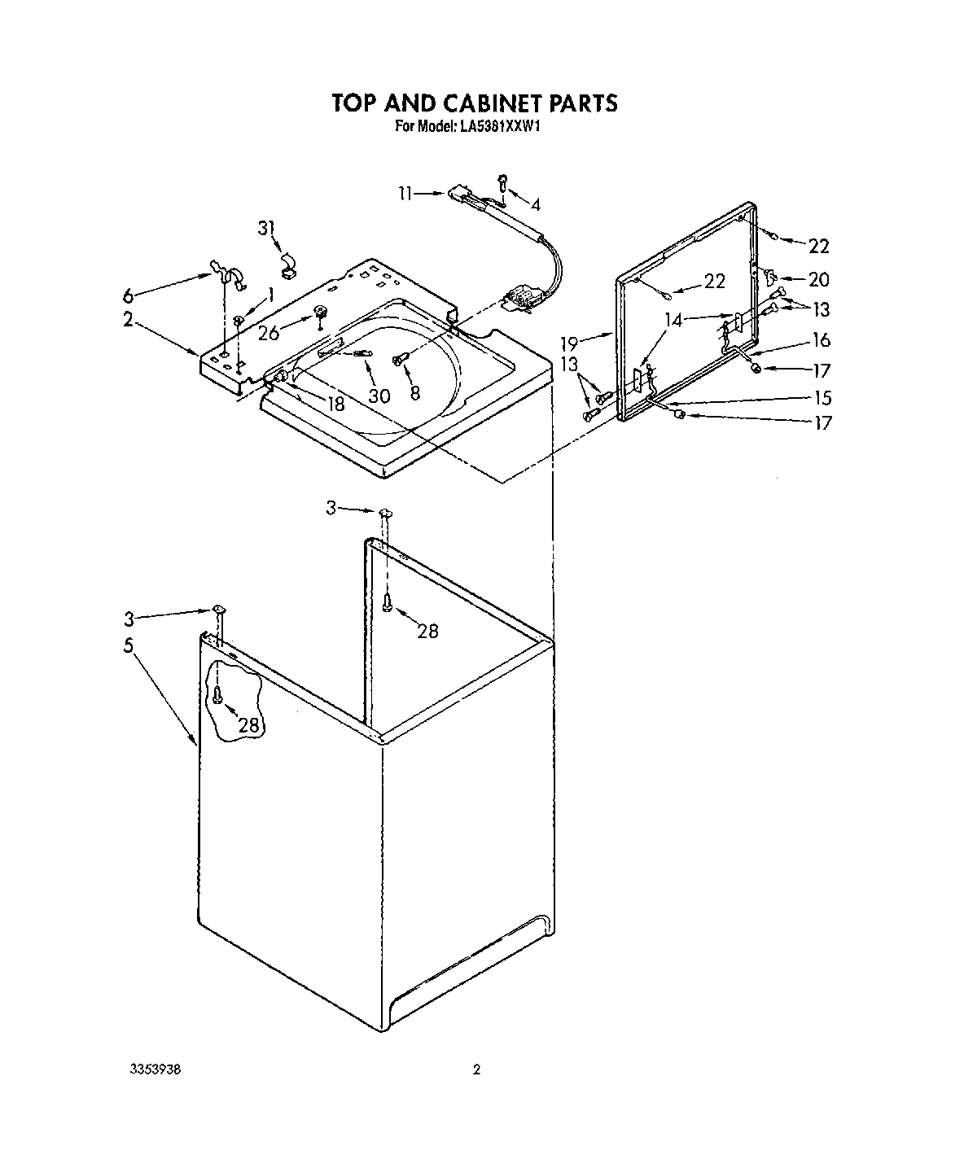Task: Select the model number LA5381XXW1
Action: (506, 126)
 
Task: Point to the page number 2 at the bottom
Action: (477, 1069)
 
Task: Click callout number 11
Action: (405, 194)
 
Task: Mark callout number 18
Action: (335, 403)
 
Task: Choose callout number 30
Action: (379, 396)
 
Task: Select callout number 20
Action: (818, 280)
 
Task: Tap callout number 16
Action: (821, 340)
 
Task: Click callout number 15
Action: (822, 397)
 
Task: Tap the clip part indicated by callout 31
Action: (287, 260)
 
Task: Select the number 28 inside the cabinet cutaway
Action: (248, 724)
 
